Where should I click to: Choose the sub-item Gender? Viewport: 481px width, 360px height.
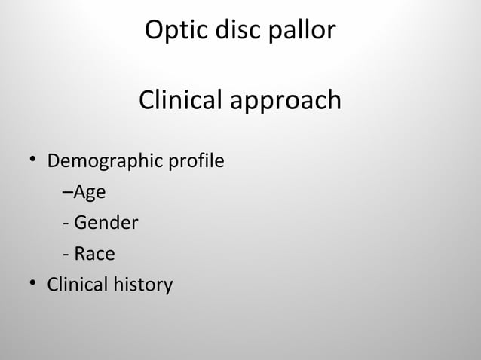tap(105, 224)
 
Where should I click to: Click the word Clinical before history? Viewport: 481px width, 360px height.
tap(78, 285)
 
